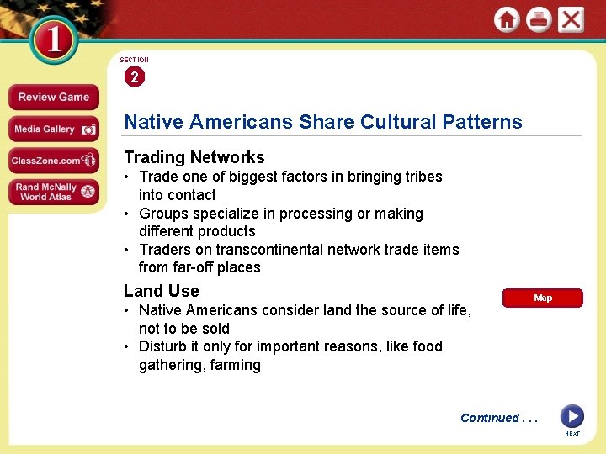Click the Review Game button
(x=54, y=97)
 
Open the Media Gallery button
(x=54, y=129)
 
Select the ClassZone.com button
(x=54, y=160)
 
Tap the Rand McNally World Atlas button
(x=54, y=192)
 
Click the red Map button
(x=542, y=298)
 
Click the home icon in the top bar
(x=507, y=19)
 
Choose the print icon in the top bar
(x=539, y=19)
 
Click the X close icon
(x=571, y=19)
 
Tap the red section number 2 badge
(x=134, y=77)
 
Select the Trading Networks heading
(x=194, y=157)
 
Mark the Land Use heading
(x=162, y=291)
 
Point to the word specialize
(x=230, y=214)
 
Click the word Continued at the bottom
(x=489, y=418)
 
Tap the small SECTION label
(x=134, y=60)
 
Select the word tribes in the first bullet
(x=421, y=177)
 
